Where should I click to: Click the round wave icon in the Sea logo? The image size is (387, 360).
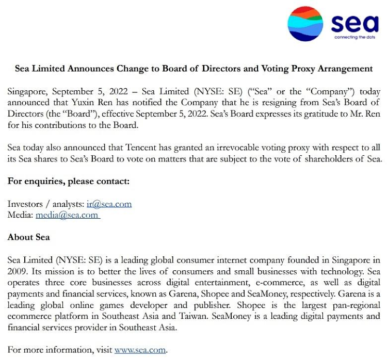pyautogui.click(x=305, y=24)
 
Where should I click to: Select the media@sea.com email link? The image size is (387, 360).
pyautogui.click(x=67, y=215)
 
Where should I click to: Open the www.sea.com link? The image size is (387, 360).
pyautogui.click(x=140, y=350)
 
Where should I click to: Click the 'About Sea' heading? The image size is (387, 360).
pyautogui.click(x=28, y=237)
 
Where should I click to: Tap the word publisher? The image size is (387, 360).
pyautogui.click(x=203, y=305)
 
